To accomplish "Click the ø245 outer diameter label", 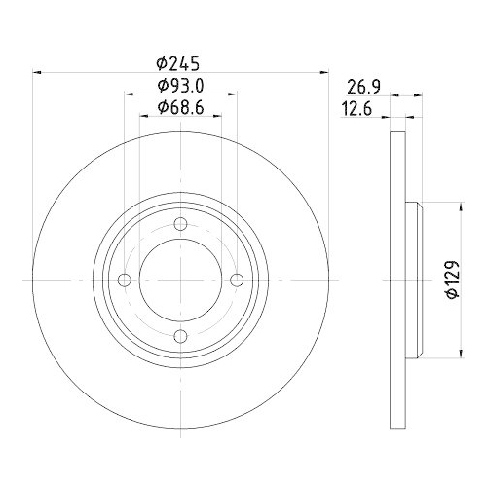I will click(180, 62).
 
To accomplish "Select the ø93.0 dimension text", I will click(180, 86).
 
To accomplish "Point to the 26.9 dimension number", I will click(363, 86).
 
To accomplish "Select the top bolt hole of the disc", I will click(180, 225).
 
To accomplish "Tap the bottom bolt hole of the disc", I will click(180, 337).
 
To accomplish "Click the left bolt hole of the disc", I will click(125, 281).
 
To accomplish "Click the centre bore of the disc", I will click(180, 281).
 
